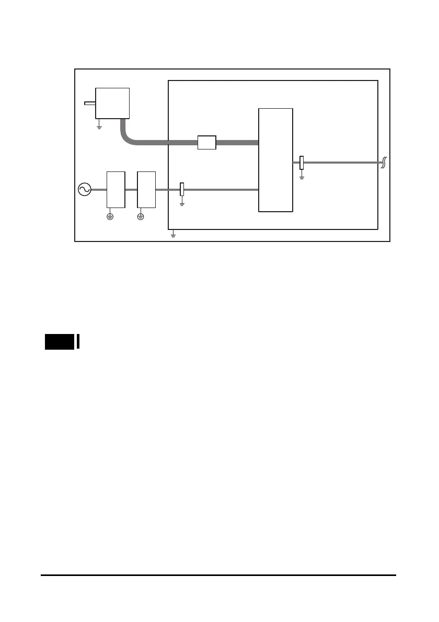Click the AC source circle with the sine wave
coord(84,189)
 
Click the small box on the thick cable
coord(207,142)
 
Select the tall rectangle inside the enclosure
coord(276,160)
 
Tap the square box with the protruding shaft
coord(112,103)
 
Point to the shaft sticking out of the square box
coord(89,103)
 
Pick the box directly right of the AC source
coord(115,189)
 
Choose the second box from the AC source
coord(146,189)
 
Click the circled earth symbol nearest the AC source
coord(110,216)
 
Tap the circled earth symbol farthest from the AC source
coord(141,216)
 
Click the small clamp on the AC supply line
coord(182,189)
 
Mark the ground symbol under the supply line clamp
coord(182,203)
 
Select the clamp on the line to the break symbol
coord(302,163)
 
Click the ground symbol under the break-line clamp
coord(302,177)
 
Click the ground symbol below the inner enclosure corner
coord(174,235)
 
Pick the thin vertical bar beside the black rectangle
coord(78,341)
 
